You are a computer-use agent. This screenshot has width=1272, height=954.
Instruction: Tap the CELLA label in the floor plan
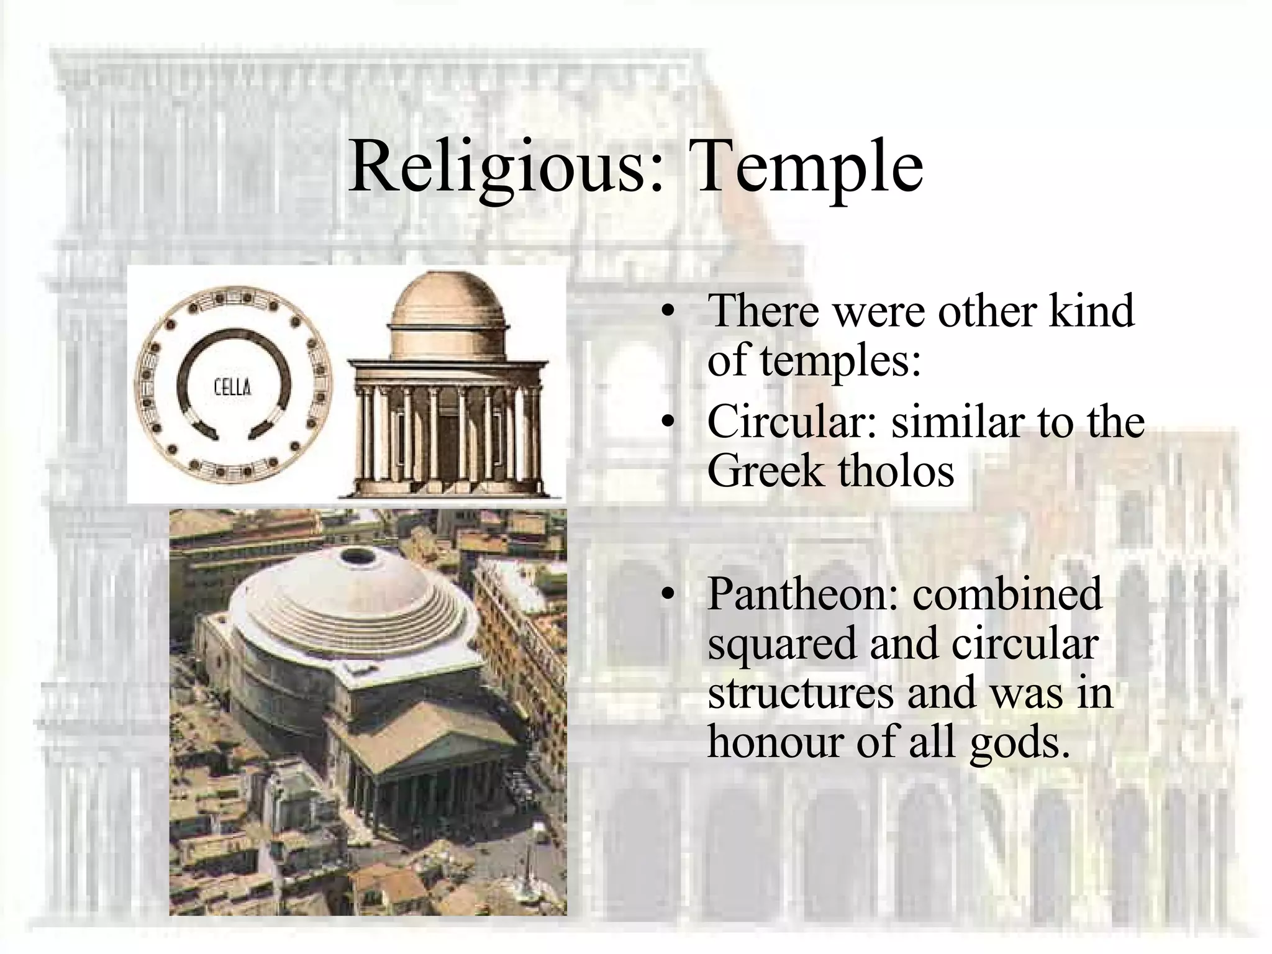[233, 388]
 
